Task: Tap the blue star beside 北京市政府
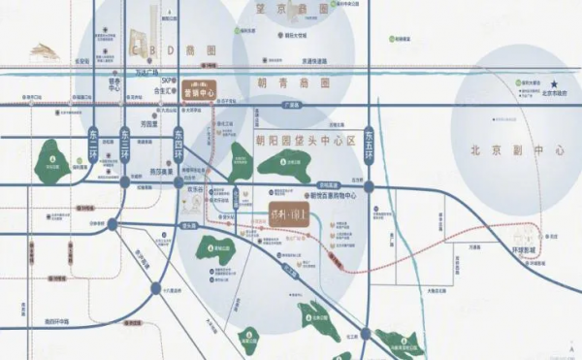tap(556, 83)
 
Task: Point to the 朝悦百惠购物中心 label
tap(326, 194)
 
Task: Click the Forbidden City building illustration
tap(44, 50)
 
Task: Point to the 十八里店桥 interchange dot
tap(156, 287)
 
